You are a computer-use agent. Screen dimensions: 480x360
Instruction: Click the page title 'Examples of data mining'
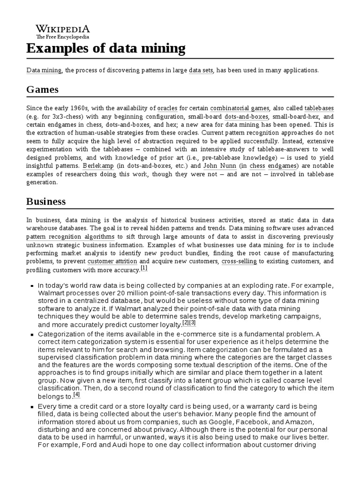coord(105,48)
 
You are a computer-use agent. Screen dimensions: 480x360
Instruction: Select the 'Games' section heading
coord(42,89)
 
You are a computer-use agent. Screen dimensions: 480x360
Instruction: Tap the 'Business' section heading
coord(46,202)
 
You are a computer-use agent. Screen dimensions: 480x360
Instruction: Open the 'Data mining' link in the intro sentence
coord(44,70)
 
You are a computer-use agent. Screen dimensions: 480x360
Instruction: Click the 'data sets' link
coord(201,70)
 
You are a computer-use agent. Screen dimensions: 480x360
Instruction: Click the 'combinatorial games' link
coord(240,108)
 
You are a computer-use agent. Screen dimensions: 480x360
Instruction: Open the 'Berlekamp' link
coord(98,166)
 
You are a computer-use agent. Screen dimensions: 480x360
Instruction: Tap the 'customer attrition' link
coord(112,261)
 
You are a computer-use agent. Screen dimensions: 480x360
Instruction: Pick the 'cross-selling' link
coord(239,261)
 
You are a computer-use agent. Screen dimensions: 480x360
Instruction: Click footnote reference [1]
coord(144,268)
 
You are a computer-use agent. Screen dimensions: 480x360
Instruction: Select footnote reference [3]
coord(192,322)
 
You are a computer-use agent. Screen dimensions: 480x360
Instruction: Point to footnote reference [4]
coord(77,394)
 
